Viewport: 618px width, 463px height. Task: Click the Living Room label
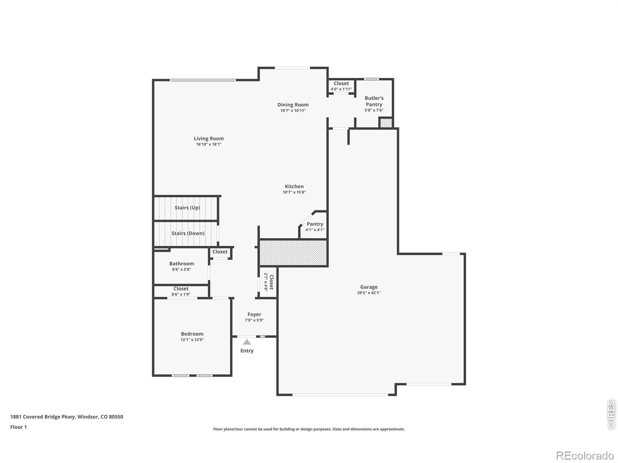tap(209, 138)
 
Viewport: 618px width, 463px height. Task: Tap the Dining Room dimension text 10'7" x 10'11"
tap(293, 110)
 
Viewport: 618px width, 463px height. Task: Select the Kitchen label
tap(294, 186)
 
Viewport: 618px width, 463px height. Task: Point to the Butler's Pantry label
tap(374, 101)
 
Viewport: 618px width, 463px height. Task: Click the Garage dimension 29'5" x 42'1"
tap(369, 292)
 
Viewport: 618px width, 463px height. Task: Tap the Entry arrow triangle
tap(247, 342)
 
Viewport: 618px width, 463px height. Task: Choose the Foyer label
tap(254, 314)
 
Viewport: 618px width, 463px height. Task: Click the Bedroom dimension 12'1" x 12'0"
tap(192, 340)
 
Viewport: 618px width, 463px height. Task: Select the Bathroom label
tap(182, 264)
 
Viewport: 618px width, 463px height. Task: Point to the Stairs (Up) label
tap(187, 208)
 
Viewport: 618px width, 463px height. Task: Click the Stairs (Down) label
tap(188, 233)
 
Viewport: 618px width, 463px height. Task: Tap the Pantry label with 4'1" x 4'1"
tap(315, 226)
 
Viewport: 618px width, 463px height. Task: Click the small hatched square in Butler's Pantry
tap(386, 123)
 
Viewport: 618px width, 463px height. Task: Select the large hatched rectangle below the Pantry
tap(293, 252)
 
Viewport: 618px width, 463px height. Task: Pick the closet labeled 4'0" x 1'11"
tap(341, 86)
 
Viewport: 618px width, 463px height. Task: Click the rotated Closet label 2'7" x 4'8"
tap(268, 282)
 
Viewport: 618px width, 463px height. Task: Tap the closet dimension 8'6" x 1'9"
tap(181, 294)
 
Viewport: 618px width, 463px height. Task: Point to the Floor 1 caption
tap(19, 427)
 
